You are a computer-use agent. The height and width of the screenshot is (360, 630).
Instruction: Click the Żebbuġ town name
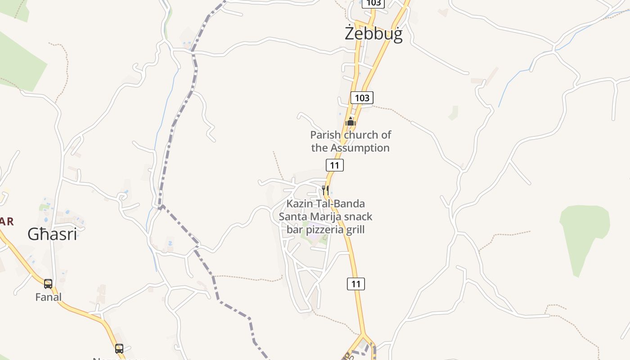click(x=373, y=34)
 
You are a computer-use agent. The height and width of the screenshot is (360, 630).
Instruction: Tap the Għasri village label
click(x=52, y=234)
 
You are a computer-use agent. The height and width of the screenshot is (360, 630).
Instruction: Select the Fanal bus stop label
click(x=48, y=297)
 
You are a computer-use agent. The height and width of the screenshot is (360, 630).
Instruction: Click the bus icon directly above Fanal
click(x=48, y=284)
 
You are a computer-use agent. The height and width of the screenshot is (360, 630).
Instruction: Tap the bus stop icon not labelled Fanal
click(x=119, y=348)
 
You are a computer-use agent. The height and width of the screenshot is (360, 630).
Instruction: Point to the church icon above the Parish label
click(x=351, y=121)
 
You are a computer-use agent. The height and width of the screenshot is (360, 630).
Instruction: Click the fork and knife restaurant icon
click(x=325, y=190)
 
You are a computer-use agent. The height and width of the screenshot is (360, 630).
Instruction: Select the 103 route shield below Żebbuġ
click(x=362, y=98)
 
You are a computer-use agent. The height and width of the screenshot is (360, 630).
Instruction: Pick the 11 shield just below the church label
click(x=334, y=165)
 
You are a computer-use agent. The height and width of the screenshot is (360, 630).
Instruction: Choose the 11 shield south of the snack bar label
click(x=356, y=284)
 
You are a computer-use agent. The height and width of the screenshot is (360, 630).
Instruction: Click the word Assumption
click(x=360, y=148)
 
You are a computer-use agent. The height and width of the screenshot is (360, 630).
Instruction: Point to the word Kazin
click(x=299, y=203)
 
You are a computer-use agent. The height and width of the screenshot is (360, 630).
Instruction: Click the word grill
click(x=355, y=229)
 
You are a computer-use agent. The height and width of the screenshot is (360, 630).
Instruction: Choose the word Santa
click(x=293, y=216)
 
